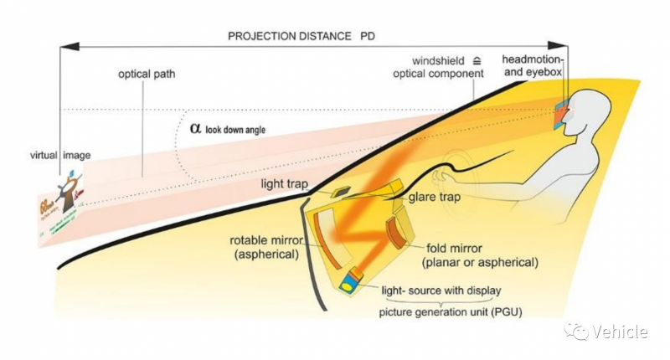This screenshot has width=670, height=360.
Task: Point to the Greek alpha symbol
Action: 195,128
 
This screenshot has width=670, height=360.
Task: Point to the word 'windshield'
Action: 438,61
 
